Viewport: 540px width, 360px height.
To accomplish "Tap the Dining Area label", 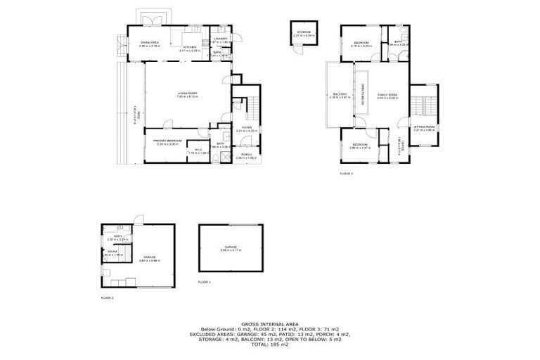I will pos(150,43).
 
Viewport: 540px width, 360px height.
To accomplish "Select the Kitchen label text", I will pos(190,48).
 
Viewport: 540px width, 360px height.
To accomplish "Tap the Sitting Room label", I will pos(425,128).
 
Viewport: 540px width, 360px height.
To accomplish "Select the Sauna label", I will pos(112,251).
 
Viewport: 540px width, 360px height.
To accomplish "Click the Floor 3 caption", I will pos(346,172).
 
